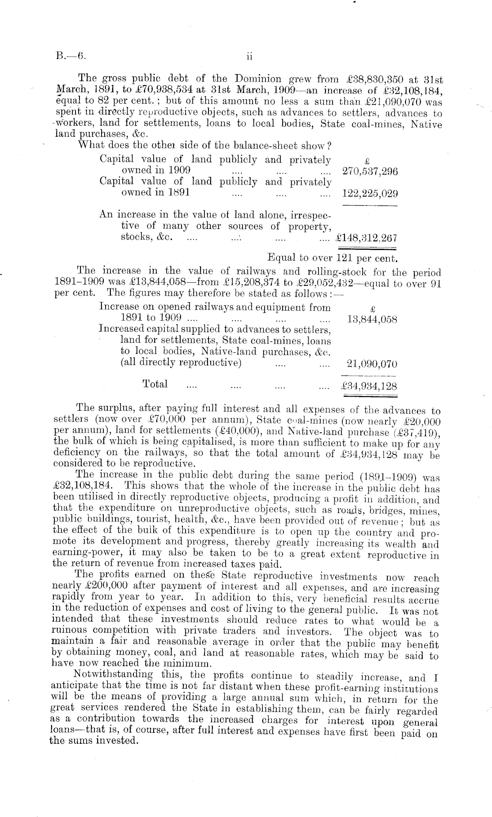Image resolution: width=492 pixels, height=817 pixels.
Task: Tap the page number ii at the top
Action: (249, 56)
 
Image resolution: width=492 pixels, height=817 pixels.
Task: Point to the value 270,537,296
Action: (370, 172)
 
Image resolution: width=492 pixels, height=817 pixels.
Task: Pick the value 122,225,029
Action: (370, 193)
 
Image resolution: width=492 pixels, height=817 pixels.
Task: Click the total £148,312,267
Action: (367, 239)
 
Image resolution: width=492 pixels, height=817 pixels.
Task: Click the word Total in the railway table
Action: (155, 384)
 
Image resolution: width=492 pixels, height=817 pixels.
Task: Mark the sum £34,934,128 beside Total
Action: (369, 387)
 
